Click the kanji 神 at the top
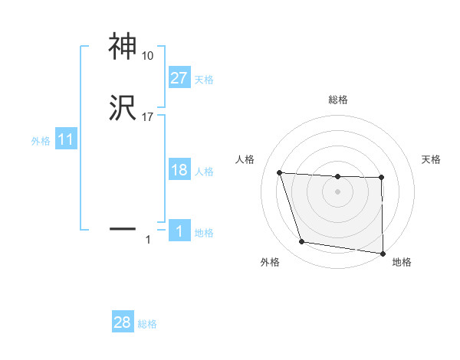click(123, 47)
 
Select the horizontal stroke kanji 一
click(123, 228)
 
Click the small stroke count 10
click(148, 56)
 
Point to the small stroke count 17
click(148, 117)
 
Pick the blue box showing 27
click(179, 77)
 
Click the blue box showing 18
click(179, 170)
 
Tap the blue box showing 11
click(65, 139)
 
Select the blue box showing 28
click(123, 322)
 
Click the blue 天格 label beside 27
click(204, 79)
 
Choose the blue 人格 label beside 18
click(204, 172)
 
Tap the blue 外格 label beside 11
click(41, 141)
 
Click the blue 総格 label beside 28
click(147, 324)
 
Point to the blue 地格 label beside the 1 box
click(204, 233)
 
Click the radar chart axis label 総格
click(337, 100)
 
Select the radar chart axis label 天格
click(432, 159)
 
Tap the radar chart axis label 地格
click(402, 262)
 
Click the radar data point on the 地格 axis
click(383, 253)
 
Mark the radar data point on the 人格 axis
click(279, 172)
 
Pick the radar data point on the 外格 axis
click(302, 242)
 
